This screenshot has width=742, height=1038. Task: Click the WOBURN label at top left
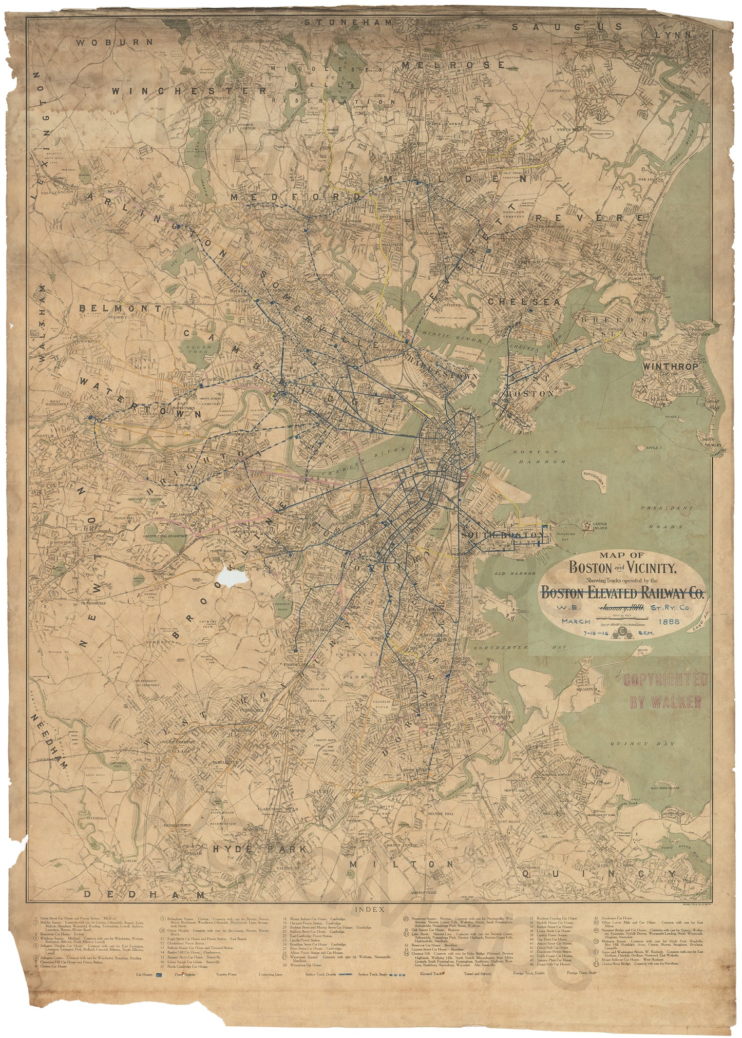114,43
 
